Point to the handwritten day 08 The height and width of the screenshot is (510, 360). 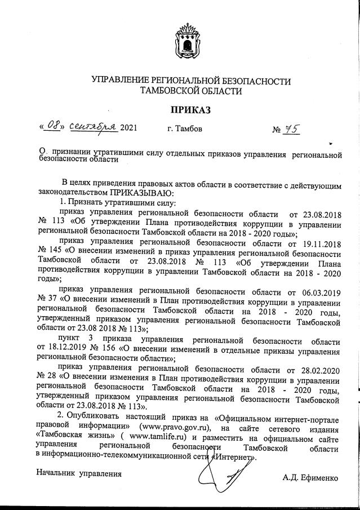pos(53,126)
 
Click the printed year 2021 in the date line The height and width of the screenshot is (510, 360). pos(128,129)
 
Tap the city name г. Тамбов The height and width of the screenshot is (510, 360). pos(185,129)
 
